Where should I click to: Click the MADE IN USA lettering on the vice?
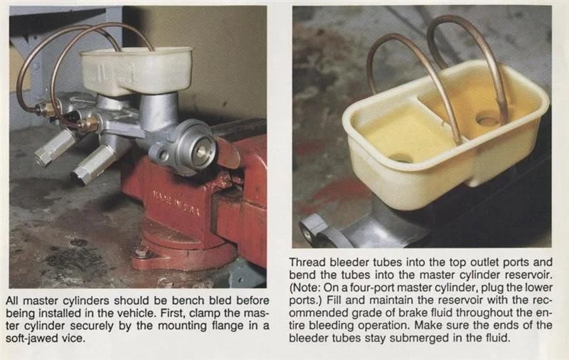(176, 202)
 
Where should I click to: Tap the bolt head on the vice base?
(140, 251)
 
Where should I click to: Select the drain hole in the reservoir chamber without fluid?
(401, 158)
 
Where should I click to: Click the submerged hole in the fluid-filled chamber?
(488, 120)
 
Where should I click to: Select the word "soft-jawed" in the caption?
(30, 339)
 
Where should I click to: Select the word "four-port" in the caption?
(368, 288)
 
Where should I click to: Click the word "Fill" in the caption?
(333, 300)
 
